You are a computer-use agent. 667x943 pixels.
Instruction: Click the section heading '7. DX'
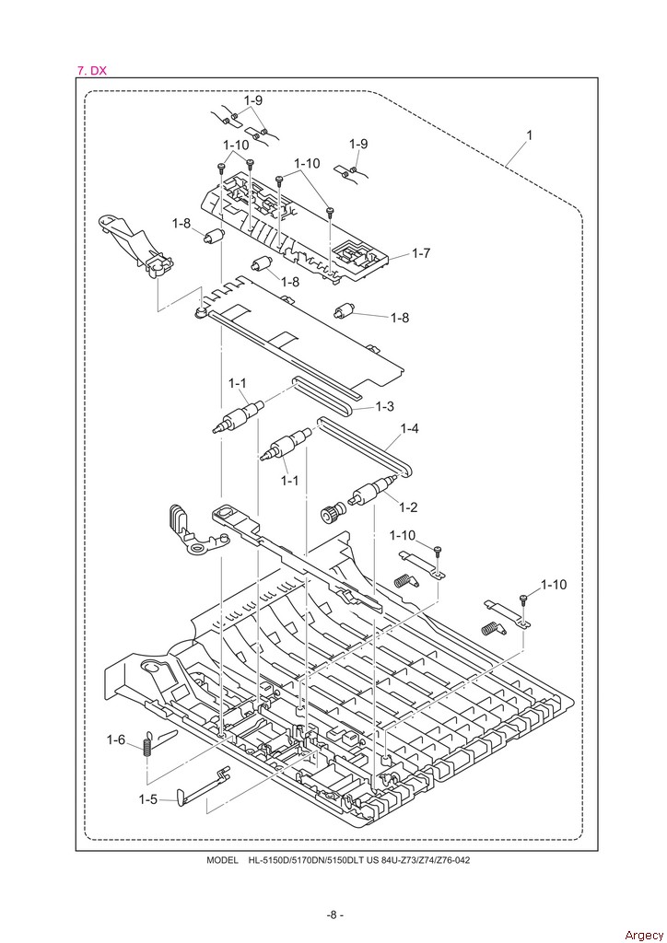tap(91, 70)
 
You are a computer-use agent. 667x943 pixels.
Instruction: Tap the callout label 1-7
tap(421, 253)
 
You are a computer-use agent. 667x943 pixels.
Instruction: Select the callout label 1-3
tap(384, 406)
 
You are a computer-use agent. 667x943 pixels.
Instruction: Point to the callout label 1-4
tap(410, 428)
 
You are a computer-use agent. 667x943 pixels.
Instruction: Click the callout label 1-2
tap(408, 507)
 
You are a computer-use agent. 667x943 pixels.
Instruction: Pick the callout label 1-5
tap(148, 799)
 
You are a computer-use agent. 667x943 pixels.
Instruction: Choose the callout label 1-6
tap(116, 739)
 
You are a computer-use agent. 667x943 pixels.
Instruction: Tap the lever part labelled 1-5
tap(204, 785)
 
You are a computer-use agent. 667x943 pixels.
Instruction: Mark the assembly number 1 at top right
tap(529, 135)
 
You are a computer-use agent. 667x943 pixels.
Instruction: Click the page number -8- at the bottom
tap(335, 914)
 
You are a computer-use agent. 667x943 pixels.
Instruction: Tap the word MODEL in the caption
tap(222, 860)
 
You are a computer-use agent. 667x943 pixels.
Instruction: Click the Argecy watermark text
tap(644, 935)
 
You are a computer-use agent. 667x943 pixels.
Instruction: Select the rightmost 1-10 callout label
tap(554, 585)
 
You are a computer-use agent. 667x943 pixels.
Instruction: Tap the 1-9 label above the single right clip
tap(358, 144)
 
